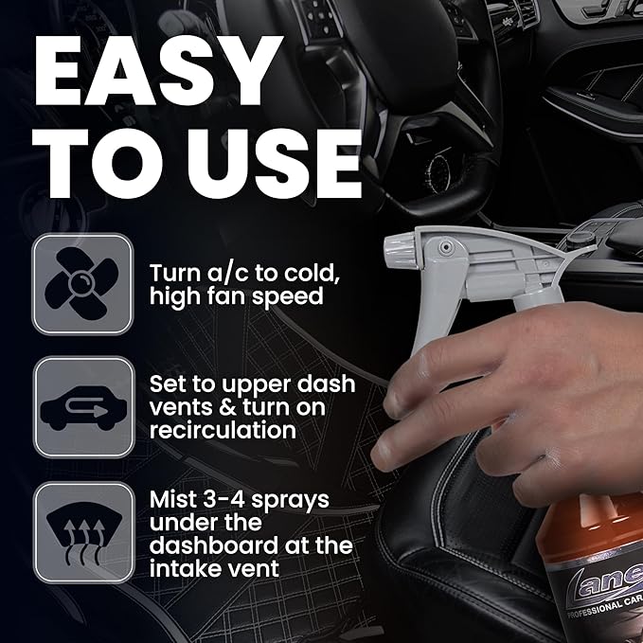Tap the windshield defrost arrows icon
[x=81, y=531]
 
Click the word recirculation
[x=223, y=431]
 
